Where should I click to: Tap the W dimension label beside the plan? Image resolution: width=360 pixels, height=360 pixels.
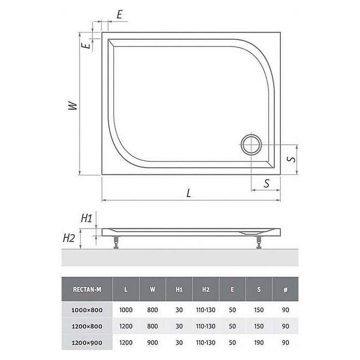[x=73, y=106]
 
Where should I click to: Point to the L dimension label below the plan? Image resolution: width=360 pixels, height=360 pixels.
[x=189, y=193]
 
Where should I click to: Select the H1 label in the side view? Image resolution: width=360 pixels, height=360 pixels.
[x=86, y=218]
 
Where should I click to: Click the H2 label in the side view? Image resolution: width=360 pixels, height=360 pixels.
[x=69, y=238]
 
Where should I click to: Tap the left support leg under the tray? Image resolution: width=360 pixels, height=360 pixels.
[x=116, y=243]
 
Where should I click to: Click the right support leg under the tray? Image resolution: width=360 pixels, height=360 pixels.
[x=259, y=243]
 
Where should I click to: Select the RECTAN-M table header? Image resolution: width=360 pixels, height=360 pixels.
[x=87, y=290]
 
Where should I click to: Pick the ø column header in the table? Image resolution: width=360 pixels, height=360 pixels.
[x=286, y=290]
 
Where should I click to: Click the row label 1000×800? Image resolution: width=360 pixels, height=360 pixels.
[x=87, y=310]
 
